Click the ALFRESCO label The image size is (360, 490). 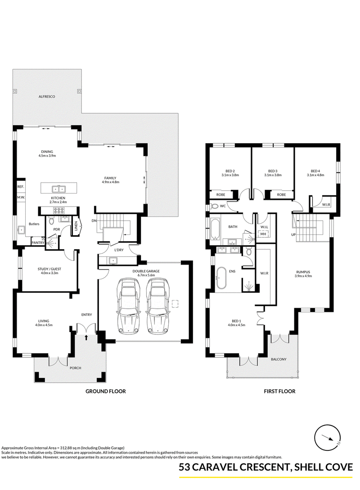click(46, 97)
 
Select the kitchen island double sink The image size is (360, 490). click(58, 189)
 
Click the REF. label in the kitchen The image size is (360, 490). click(21, 187)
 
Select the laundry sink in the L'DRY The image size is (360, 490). click(112, 260)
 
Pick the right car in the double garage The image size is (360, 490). click(158, 306)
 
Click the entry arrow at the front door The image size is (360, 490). click(86, 337)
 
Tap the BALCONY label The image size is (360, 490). click(279, 359)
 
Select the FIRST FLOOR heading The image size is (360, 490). click(279, 391)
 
